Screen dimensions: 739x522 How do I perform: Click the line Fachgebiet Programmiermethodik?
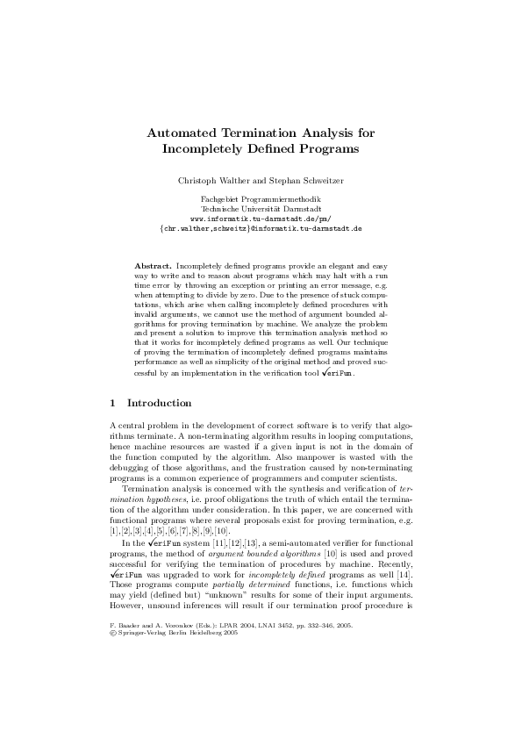[261, 199]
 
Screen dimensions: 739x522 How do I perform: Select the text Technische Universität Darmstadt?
[261, 209]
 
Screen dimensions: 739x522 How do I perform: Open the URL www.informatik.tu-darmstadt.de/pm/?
[261, 218]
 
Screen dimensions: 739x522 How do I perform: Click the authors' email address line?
[261, 227]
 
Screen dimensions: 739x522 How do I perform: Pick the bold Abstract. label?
[153, 265]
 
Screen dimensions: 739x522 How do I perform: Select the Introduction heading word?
[159, 403]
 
